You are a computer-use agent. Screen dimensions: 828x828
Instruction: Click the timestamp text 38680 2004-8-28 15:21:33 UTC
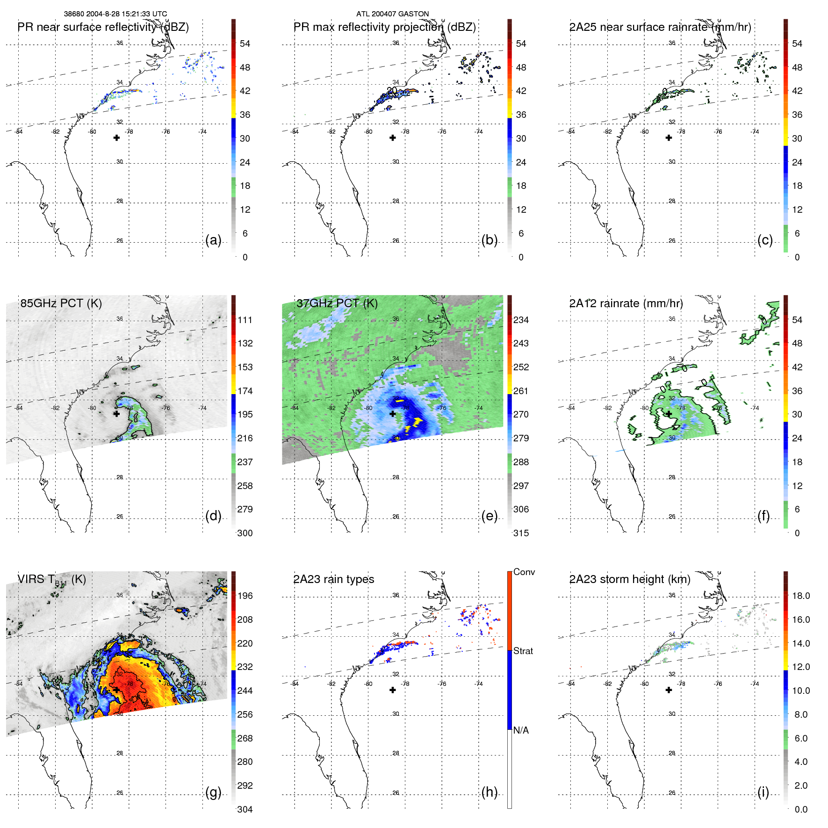pos(115,14)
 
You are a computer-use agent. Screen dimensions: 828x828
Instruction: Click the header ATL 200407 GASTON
pos(392,14)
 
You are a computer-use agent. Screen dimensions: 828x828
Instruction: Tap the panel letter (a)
pos(213,240)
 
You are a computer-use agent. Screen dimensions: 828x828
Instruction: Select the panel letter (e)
pos(490,516)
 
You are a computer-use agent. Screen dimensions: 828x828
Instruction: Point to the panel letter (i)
pos(763,792)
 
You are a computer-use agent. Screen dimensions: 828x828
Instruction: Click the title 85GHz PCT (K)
pos(61,303)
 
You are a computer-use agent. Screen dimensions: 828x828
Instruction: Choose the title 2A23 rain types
pos(334,579)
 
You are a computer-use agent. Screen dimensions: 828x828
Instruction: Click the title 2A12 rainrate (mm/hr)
pos(626,303)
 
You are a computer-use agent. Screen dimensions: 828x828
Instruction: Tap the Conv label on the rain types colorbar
pos(524,572)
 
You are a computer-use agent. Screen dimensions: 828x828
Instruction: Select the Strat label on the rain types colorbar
pos(523,651)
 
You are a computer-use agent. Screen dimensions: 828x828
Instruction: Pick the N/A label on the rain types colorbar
pos(521,730)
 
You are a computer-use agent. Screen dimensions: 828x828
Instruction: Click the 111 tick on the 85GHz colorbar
pos(245,320)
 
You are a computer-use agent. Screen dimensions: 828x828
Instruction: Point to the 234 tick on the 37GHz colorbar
pos(521,320)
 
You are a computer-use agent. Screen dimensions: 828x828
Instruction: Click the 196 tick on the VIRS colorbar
pos(245,596)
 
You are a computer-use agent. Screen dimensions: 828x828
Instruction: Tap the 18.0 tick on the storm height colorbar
pos(801,596)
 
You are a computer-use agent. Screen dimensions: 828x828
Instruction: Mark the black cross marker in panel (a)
pos(116,138)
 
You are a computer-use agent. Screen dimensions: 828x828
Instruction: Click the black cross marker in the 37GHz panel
pos(393,414)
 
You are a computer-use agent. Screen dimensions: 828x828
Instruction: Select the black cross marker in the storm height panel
pos(669,690)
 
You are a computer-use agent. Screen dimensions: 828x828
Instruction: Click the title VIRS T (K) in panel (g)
pos(52,580)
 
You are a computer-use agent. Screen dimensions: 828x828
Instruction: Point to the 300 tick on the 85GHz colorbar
pos(245,533)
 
